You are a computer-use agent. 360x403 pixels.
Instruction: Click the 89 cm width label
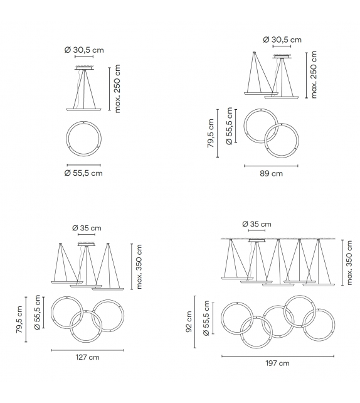pyautogui.click(x=271, y=173)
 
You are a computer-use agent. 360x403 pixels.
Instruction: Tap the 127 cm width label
pyautogui.click(x=87, y=357)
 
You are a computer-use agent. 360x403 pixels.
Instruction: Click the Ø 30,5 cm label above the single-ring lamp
pyautogui.click(x=83, y=50)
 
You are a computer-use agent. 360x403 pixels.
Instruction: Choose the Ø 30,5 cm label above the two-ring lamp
pyautogui.click(x=283, y=39)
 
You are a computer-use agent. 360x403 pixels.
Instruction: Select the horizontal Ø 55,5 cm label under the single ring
pyautogui.click(x=83, y=173)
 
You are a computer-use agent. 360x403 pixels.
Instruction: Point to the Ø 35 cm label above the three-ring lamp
pyautogui.click(x=87, y=228)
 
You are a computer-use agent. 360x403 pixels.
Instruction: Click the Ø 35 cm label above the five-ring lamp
pyautogui.click(x=257, y=224)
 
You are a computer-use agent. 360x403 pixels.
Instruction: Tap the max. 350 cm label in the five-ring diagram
pyautogui.click(x=349, y=262)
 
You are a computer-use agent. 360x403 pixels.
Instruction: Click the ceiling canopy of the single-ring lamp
pyautogui.click(x=83, y=67)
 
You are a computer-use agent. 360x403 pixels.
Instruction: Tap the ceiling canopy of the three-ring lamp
pyautogui.click(x=87, y=244)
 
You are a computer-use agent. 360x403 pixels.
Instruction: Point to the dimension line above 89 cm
pyautogui.click(x=271, y=166)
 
